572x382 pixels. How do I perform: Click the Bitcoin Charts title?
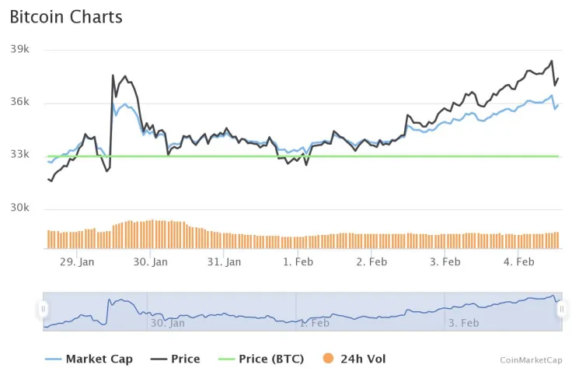point(66,16)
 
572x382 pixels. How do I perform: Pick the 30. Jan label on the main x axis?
point(150,262)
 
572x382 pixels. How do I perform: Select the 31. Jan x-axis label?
point(224,262)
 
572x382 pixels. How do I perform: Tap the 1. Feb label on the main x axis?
point(298,262)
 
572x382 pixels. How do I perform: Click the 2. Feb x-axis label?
point(371,262)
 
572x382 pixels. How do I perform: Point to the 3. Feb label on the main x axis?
point(445,262)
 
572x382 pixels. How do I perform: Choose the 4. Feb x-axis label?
point(518,262)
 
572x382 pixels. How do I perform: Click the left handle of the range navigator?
point(44,310)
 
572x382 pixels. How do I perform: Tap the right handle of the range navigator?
point(561,310)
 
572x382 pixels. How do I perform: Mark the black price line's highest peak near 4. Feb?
point(552,61)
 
